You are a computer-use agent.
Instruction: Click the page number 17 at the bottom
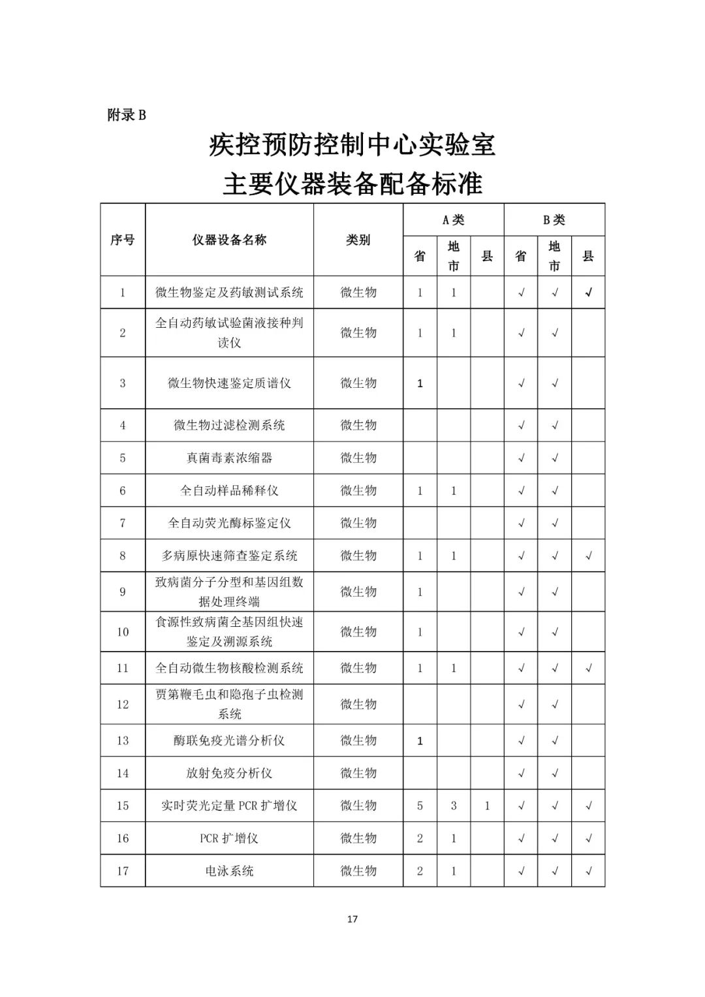352,919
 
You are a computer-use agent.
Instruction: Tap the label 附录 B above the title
127,115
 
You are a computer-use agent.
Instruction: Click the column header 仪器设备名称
229,240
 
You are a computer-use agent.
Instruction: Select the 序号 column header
122,240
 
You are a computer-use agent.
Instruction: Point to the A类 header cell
453,220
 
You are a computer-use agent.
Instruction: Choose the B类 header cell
554,220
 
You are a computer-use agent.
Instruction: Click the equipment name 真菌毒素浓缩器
229,458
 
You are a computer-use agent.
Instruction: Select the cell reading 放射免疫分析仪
229,773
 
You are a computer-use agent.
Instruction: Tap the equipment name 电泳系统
229,871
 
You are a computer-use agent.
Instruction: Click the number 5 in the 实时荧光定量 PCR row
420,806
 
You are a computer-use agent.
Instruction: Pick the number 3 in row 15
454,806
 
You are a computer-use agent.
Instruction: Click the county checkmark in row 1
588,293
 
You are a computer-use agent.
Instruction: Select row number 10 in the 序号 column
123,632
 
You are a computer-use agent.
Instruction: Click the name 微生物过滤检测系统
229,425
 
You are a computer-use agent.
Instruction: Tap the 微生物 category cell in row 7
358,523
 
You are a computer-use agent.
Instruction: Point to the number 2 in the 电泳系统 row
420,871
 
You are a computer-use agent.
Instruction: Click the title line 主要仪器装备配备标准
352,183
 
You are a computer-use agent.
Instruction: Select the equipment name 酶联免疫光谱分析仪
229,740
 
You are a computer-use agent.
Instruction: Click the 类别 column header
358,240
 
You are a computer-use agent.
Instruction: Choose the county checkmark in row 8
588,556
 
